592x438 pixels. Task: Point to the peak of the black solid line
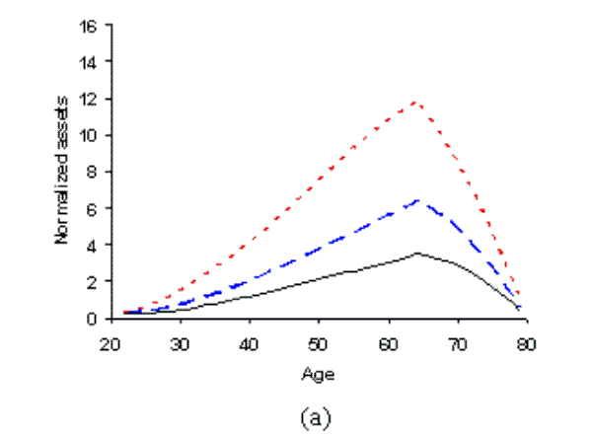418,253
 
